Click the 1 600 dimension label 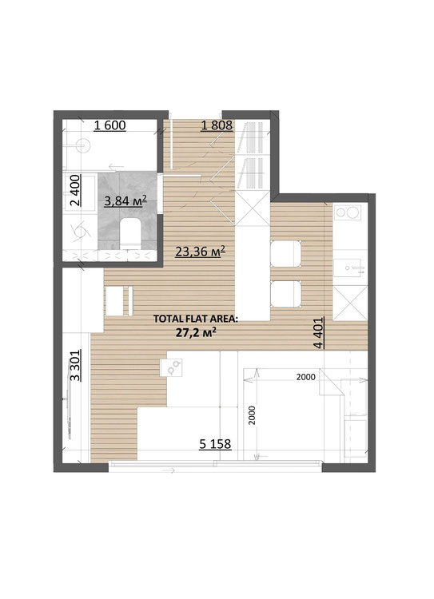coord(109,125)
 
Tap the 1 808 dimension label coord(217,125)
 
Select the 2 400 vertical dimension coord(75,190)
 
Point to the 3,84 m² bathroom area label coord(125,201)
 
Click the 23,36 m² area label coord(200,252)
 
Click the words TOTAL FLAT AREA coord(194,319)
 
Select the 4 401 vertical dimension coord(319,333)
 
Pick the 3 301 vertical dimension coord(75,366)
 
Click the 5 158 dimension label coord(215,444)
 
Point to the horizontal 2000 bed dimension coord(306,377)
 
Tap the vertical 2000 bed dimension coord(251,415)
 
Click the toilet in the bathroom coord(129,233)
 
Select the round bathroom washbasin coord(83,145)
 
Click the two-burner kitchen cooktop coord(348,212)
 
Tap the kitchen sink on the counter coord(347,268)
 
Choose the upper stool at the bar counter coord(285,253)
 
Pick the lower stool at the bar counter coord(285,294)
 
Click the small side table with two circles coord(171,367)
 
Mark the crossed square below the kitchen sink coord(350,303)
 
